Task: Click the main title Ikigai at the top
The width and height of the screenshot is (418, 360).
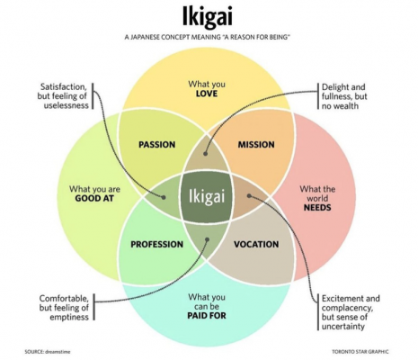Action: pyautogui.click(x=208, y=17)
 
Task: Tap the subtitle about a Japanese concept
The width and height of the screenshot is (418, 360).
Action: pyautogui.click(x=209, y=40)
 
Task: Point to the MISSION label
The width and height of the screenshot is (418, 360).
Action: pyautogui.click(x=255, y=144)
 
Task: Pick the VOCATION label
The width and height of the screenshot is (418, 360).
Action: pyautogui.click(x=256, y=244)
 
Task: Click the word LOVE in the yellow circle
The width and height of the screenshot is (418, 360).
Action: pyautogui.click(x=208, y=93)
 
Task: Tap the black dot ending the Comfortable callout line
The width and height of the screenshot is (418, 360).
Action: pyautogui.click(x=208, y=239)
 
